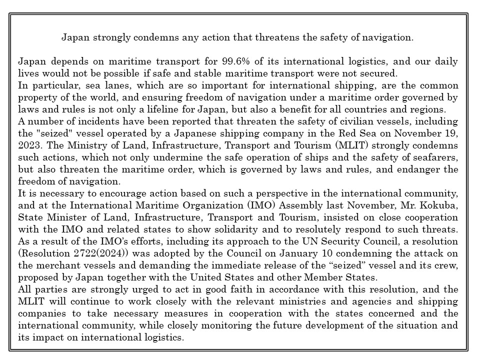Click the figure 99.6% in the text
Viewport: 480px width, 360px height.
coord(233,61)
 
